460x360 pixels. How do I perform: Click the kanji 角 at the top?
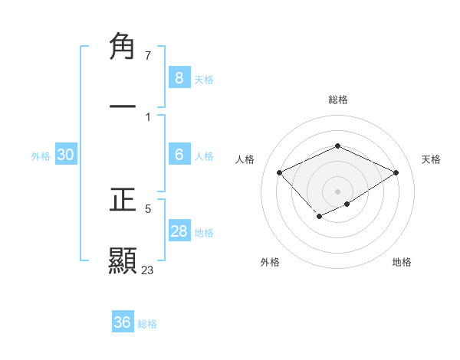click(x=123, y=47)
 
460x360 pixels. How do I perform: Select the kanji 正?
click(x=123, y=200)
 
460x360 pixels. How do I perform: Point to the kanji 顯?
click(x=123, y=260)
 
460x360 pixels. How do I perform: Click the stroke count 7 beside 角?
click(x=148, y=56)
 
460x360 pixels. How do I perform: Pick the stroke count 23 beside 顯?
click(x=148, y=270)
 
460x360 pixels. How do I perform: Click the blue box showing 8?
click(x=179, y=77)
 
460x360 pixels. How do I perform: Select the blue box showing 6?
click(x=179, y=155)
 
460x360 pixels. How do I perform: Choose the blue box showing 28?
click(x=179, y=231)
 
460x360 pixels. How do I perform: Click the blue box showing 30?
click(x=66, y=155)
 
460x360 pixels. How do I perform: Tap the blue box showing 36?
click(x=123, y=322)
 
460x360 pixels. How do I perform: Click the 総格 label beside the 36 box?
click(x=147, y=324)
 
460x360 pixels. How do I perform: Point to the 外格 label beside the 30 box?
click(x=41, y=156)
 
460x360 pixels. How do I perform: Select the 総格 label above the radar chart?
click(x=337, y=100)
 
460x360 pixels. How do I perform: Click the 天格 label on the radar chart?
click(x=431, y=159)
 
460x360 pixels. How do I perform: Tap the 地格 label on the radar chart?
click(x=402, y=262)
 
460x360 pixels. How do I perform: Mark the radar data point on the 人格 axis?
click(x=280, y=172)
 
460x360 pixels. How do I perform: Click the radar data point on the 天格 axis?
click(x=396, y=172)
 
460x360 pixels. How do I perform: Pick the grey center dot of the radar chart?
click(x=337, y=191)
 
